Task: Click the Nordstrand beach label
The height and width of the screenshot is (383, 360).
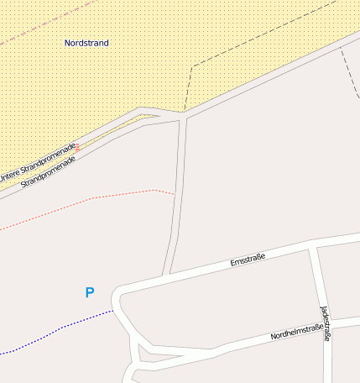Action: pos(86,42)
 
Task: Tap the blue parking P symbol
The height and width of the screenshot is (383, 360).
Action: pos(90,292)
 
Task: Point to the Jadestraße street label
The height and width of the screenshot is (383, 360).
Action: pos(326,323)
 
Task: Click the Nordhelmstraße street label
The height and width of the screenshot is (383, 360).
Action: pos(295,332)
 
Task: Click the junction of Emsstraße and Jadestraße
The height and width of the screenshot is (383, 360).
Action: pos(313,246)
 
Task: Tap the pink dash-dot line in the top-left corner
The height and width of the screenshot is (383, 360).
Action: pos(42,21)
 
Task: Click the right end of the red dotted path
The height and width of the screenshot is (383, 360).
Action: pos(174,194)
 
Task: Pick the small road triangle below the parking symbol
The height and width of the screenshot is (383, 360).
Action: pos(140,353)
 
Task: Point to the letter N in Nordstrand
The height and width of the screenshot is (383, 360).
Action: pos(67,42)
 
